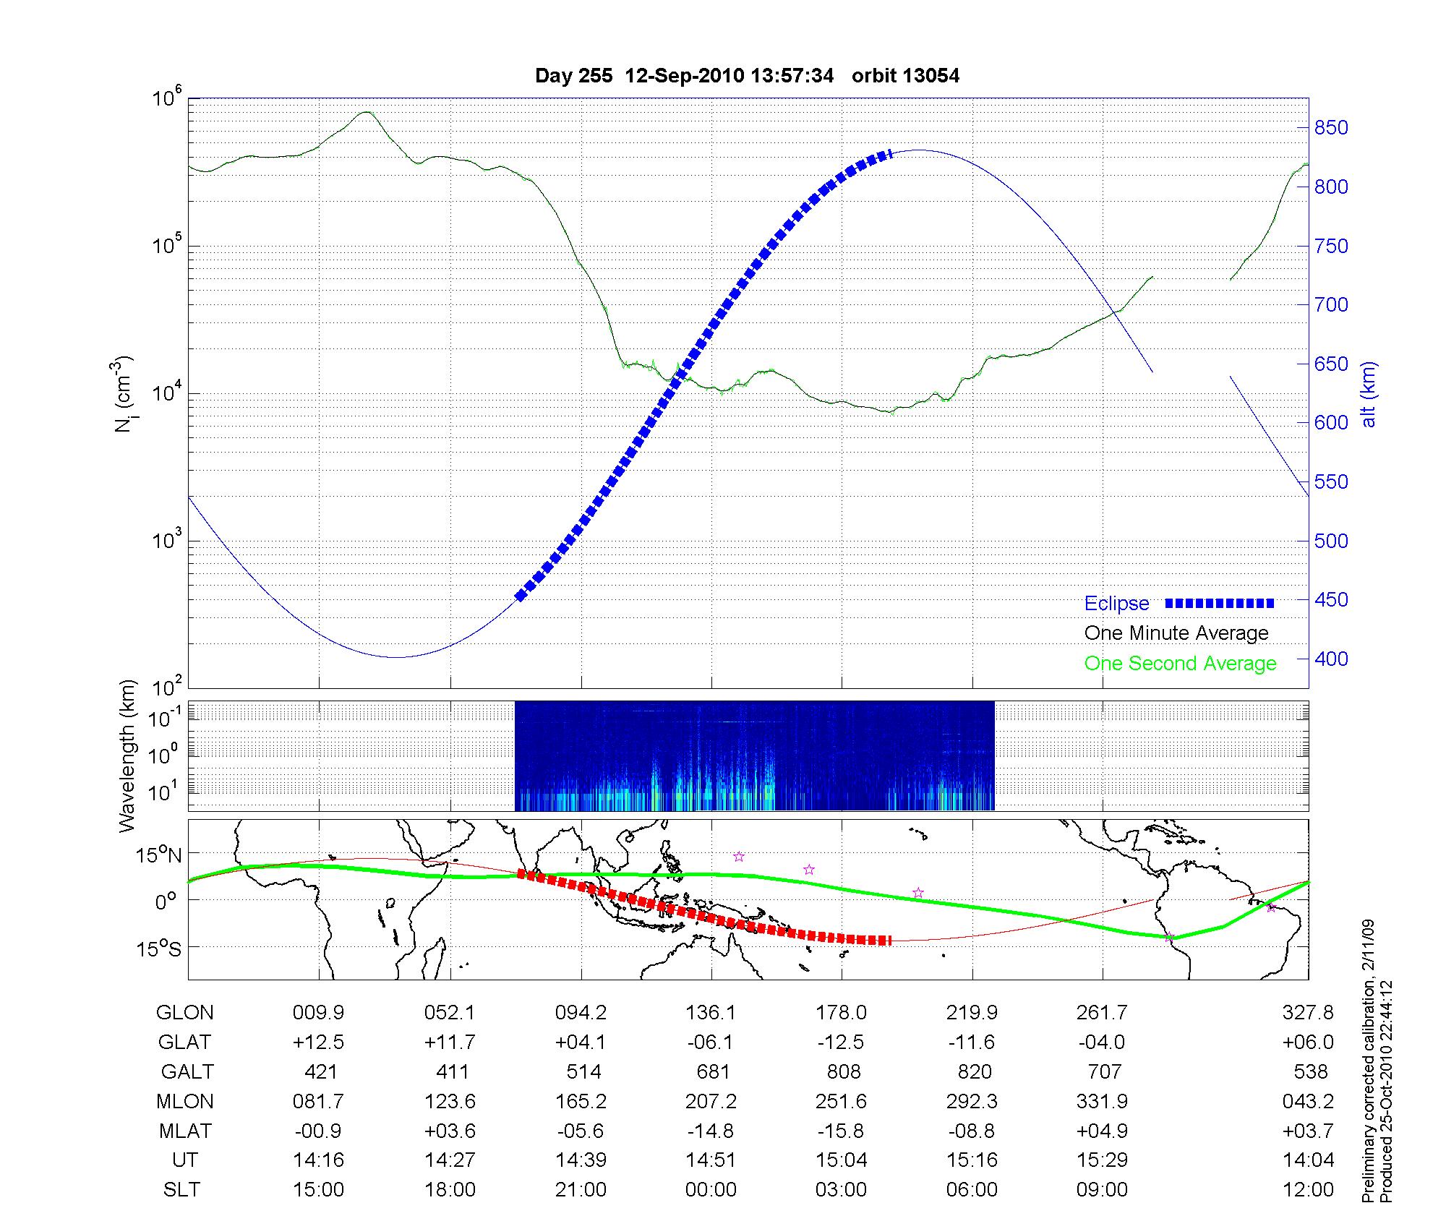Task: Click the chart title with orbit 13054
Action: pos(747,76)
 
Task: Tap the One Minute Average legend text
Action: pos(1176,633)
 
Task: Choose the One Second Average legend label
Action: pos(1180,664)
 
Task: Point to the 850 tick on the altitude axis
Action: pos(1331,128)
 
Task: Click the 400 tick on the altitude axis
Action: pos(1331,659)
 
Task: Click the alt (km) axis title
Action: pos(1369,394)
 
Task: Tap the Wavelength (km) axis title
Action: pos(128,755)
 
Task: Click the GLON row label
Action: pos(185,1013)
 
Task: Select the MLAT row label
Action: pos(185,1131)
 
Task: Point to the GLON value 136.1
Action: pos(711,1013)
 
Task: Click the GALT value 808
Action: pos(844,1071)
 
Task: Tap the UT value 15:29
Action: pos(1103,1160)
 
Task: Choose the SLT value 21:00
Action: pos(581,1190)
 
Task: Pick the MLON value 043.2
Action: pos(1308,1101)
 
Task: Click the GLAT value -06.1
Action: pos(711,1042)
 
